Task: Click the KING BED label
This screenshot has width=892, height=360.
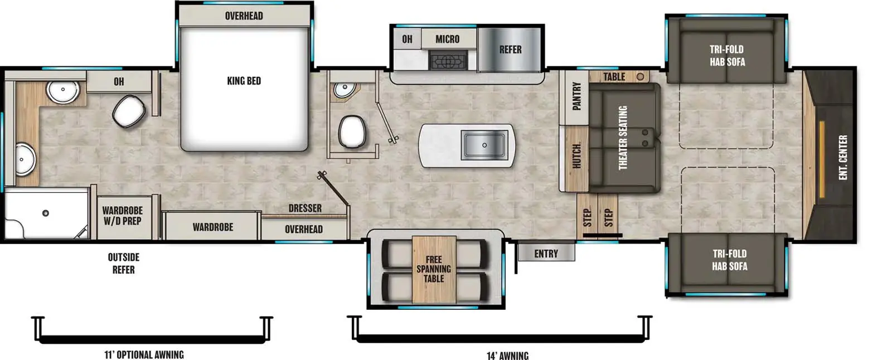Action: click(x=244, y=81)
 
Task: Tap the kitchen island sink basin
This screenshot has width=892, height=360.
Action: click(x=484, y=145)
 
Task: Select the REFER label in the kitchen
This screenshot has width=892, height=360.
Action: click(x=510, y=50)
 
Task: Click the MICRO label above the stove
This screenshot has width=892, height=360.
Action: click(x=447, y=39)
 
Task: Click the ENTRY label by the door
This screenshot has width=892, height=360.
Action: click(x=546, y=254)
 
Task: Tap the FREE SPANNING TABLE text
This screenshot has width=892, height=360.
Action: click(x=433, y=269)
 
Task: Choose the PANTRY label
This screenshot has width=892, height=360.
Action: click(x=576, y=96)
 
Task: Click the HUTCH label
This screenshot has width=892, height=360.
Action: click(x=576, y=155)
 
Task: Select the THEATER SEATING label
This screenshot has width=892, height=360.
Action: click(x=622, y=137)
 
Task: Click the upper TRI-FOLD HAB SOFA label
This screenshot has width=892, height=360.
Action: click(x=726, y=55)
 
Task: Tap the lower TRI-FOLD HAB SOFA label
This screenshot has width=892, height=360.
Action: click(x=729, y=260)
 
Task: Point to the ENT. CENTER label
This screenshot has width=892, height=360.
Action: click(x=842, y=157)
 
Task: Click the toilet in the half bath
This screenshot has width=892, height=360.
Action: click(x=352, y=132)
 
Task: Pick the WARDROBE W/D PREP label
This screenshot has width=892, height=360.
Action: click(x=122, y=216)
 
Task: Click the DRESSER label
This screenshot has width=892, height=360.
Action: click(x=304, y=208)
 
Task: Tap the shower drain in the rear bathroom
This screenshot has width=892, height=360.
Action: click(x=46, y=213)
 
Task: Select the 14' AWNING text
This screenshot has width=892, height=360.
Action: click(x=507, y=355)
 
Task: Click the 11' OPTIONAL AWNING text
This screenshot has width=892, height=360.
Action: click(x=144, y=354)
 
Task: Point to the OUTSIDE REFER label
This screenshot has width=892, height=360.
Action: click(x=123, y=263)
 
